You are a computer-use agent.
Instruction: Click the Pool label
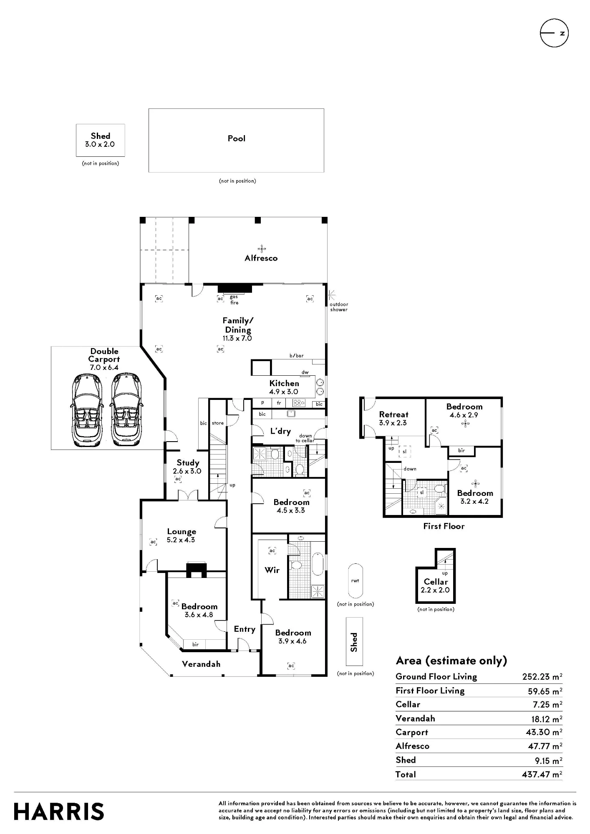coord(237,138)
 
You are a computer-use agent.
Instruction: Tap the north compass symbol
coord(555,33)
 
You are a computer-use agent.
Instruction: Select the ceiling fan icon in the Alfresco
coord(262,249)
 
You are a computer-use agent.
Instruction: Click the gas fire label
coord(234,300)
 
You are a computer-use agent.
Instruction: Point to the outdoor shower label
coord(339,307)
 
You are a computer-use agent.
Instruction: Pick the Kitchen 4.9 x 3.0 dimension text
coord(284,392)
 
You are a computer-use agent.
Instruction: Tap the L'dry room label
coord(280,431)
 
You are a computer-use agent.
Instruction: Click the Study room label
coord(188,463)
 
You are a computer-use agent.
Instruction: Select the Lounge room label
coord(182,532)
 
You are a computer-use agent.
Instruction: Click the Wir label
coord(272,570)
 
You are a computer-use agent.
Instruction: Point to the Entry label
coord(245,629)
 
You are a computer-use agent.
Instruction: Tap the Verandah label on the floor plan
coord(201,664)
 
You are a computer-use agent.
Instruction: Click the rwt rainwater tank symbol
coord(355,581)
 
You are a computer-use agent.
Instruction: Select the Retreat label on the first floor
coord(393,414)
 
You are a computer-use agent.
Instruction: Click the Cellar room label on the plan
coord(436,582)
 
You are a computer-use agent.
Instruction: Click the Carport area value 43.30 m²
coord(544,732)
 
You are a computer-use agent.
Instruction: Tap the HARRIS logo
coord(59,811)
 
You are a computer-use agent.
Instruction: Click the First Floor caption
coord(444,526)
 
